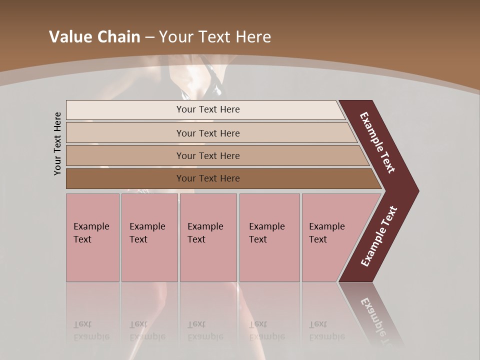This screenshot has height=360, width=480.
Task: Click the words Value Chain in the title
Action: click(x=94, y=36)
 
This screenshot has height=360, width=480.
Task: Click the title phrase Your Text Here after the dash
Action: click(x=215, y=36)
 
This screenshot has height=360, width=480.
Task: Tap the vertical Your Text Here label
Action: click(x=57, y=143)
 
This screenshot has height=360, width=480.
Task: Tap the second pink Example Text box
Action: click(x=149, y=237)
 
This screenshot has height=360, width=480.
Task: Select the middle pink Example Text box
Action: click(x=208, y=237)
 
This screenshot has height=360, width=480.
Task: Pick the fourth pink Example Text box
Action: click(x=269, y=237)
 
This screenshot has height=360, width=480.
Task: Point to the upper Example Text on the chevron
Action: click(x=377, y=142)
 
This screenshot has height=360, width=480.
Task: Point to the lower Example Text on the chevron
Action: click(x=379, y=236)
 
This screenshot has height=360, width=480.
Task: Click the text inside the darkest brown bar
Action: click(x=208, y=178)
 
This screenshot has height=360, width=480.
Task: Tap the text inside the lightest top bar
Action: click(x=208, y=109)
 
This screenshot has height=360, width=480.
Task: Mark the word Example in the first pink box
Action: click(x=91, y=226)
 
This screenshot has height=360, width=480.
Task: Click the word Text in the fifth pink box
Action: click(x=318, y=239)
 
